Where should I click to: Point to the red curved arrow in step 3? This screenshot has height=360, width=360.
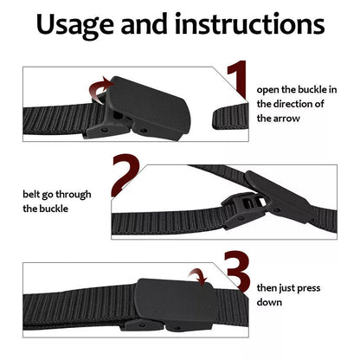[x=201, y=277]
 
